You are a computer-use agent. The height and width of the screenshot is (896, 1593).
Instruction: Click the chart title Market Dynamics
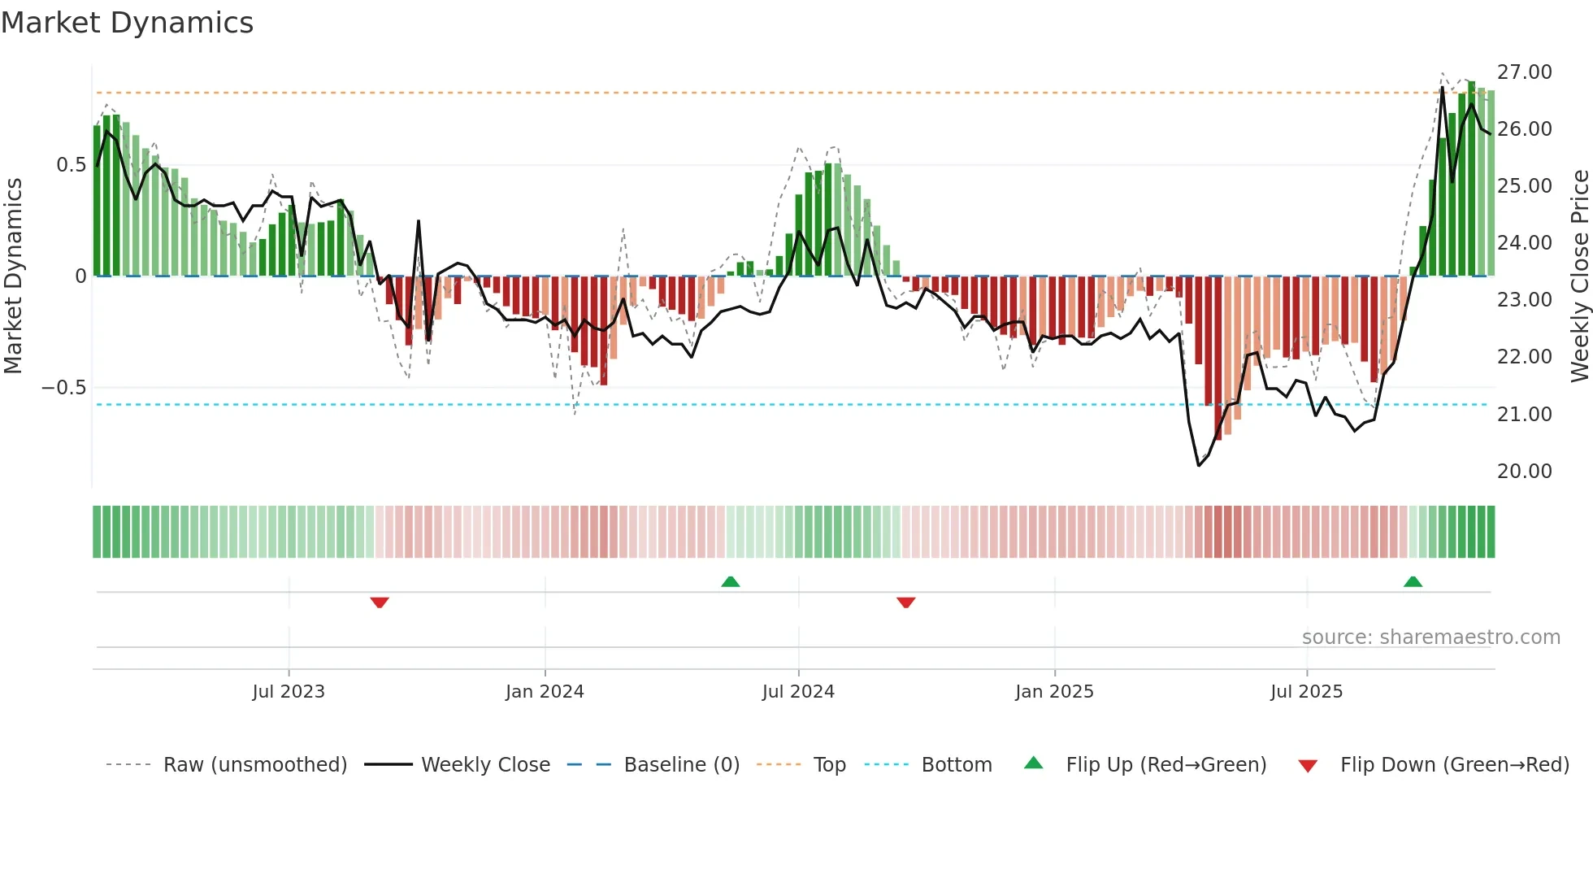127,23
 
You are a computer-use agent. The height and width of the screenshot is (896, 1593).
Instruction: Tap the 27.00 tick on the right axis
1524,72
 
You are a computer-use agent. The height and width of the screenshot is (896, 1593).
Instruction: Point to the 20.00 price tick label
1524,472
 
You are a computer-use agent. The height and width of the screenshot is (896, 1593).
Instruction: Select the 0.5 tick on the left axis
71,165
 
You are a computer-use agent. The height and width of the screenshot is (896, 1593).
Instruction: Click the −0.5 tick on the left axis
64,388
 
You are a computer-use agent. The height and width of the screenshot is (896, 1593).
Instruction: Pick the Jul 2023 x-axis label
289,692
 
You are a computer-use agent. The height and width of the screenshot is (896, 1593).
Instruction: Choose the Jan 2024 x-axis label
545,692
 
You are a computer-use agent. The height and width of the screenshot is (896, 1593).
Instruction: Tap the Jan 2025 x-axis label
1054,692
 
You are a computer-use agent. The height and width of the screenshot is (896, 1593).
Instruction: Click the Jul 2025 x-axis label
1306,692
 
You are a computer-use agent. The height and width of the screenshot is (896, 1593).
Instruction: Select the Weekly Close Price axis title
1579,276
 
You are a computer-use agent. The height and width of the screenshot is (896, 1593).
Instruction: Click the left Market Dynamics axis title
13,276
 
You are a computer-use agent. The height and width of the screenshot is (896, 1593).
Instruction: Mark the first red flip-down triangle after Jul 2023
380,602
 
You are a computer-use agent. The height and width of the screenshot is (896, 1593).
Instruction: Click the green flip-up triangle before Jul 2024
731,581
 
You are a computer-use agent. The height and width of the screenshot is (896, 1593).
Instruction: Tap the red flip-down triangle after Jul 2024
906,602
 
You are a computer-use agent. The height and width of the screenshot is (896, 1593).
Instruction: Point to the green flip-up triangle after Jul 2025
1413,581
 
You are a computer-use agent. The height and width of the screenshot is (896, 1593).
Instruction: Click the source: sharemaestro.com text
1430,637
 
